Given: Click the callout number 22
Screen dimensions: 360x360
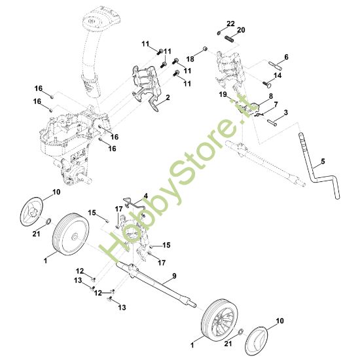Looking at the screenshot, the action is (231, 24).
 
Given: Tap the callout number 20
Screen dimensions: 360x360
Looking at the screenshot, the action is (241, 30).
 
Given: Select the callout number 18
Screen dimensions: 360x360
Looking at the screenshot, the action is (190, 59).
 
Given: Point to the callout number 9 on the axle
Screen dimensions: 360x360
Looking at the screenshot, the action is (174, 276).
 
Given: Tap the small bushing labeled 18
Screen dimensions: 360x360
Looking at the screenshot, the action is (205, 49).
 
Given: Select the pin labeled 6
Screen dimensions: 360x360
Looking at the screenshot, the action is (276, 65).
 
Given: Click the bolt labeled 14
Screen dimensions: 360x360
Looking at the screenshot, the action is (267, 84).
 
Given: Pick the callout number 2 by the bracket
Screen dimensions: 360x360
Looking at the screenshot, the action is (168, 98).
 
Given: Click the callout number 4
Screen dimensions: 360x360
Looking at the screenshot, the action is (146, 196).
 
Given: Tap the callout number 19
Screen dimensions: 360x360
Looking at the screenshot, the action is (223, 94).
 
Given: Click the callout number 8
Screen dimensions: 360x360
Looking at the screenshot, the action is (271, 96).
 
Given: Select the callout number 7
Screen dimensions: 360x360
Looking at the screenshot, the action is (276, 105).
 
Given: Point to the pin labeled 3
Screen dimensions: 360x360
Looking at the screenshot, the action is (272, 122).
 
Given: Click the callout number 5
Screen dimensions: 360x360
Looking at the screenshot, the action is (323, 162).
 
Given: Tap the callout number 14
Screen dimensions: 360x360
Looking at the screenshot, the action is (278, 75).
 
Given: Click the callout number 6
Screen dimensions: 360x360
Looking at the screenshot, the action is (286, 57).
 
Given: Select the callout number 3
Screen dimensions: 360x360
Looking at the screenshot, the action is (286, 113).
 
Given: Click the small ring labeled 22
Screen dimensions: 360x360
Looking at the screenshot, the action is (219, 33).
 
